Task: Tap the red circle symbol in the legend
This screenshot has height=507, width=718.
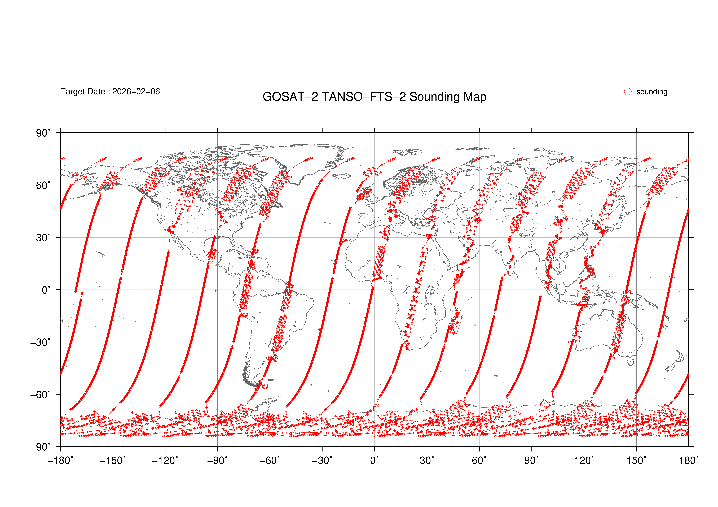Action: coord(628,92)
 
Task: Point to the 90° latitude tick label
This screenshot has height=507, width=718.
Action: coord(43,133)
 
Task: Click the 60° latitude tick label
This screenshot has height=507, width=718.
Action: coord(43,186)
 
